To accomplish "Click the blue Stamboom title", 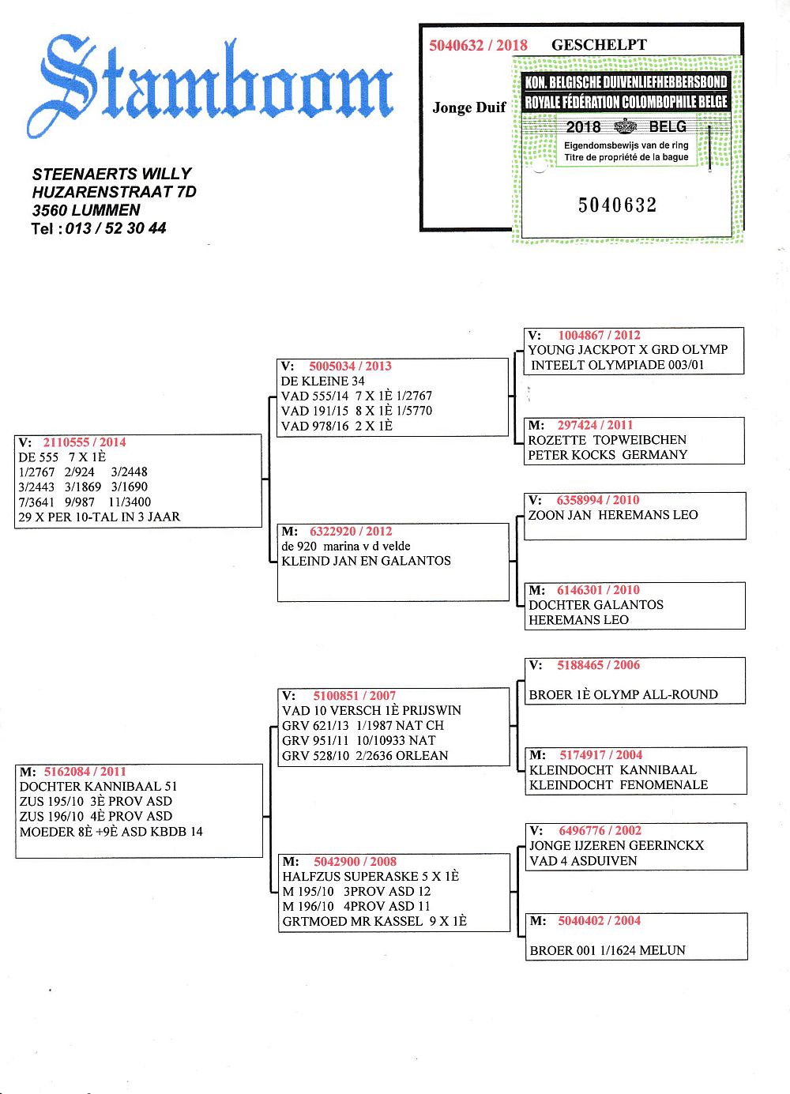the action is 209,85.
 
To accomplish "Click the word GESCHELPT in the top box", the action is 599,45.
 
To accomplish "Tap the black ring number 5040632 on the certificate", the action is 617,205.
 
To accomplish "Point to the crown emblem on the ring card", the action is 625,126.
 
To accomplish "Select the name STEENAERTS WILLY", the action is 111,174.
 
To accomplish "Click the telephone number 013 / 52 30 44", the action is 115,228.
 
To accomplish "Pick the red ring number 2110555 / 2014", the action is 84,442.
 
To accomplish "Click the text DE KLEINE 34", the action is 322,381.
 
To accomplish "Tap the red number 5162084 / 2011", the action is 85,771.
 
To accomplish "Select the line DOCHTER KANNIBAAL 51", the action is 98,786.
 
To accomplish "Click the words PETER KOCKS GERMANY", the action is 608,455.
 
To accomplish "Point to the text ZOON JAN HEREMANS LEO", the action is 613,515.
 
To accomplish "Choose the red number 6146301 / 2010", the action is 598,590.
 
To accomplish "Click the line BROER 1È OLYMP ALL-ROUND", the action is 623,694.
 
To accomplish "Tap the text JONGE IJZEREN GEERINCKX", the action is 616,845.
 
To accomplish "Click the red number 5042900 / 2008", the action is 355,862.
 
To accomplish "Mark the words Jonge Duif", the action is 468,107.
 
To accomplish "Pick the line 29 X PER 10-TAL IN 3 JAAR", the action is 100,517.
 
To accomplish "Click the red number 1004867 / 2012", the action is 599,335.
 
